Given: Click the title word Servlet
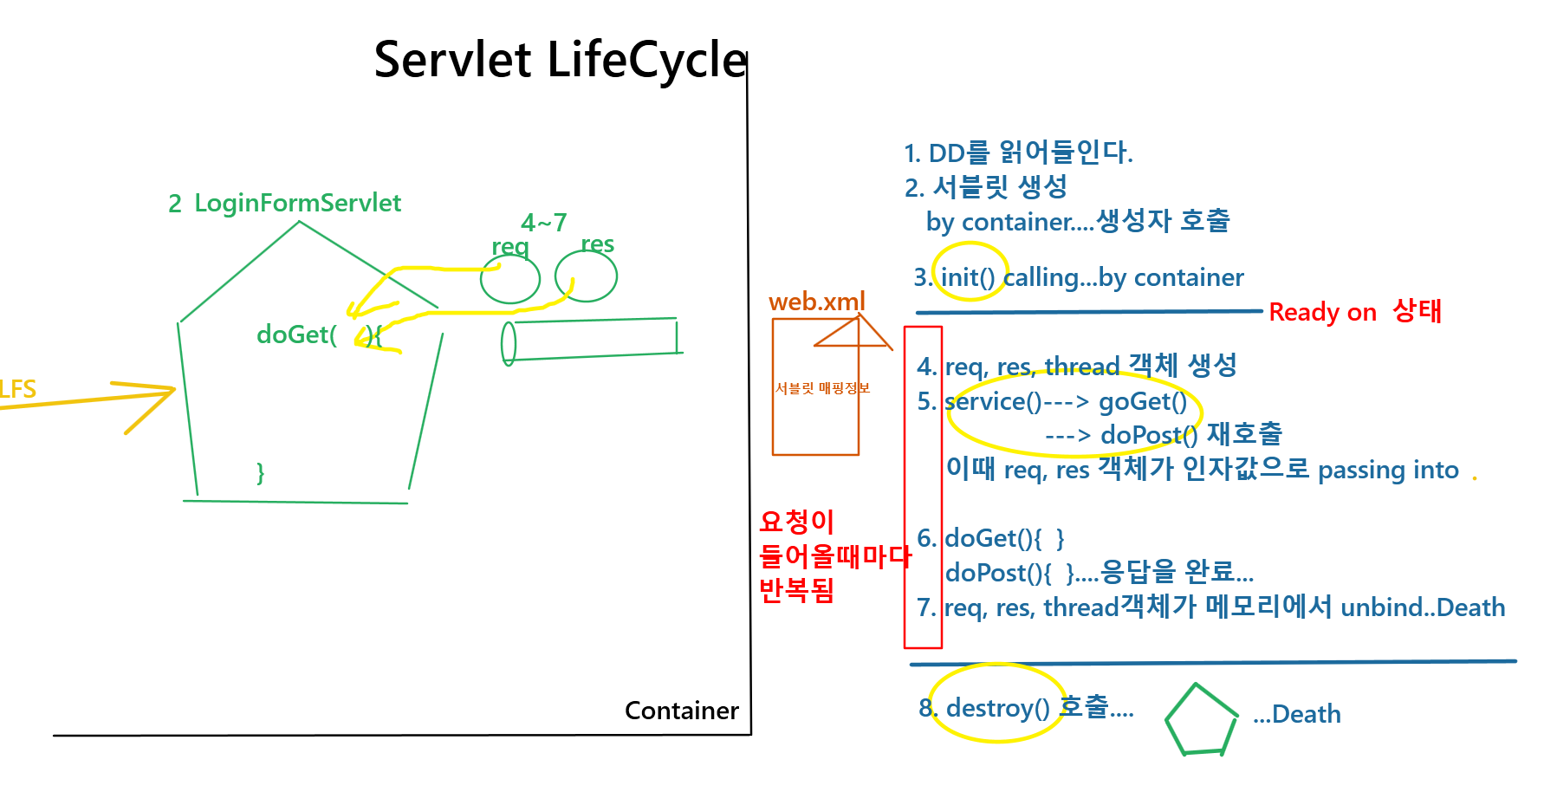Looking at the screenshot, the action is (x=452, y=59).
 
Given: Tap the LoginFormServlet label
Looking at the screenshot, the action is (x=297, y=203).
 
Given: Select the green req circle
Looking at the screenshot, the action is (x=510, y=278).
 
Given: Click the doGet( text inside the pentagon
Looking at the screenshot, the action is (x=296, y=334).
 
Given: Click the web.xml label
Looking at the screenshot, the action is (x=816, y=302).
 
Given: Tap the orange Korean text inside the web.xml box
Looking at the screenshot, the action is (x=822, y=388).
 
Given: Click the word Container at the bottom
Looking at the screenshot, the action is (x=682, y=711).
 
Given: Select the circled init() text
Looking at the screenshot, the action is (x=968, y=277).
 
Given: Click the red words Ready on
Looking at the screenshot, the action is (x=1322, y=312).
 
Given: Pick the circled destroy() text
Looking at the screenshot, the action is (x=998, y=708).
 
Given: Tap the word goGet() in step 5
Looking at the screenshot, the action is (x=1143, y=401).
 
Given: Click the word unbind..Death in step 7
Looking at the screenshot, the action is (x=1423, y=607).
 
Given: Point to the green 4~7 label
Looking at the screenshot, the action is (x=543, y=223).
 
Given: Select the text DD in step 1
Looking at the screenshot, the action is (x=946, y=153).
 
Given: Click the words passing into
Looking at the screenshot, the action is (x=1388, y=470).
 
